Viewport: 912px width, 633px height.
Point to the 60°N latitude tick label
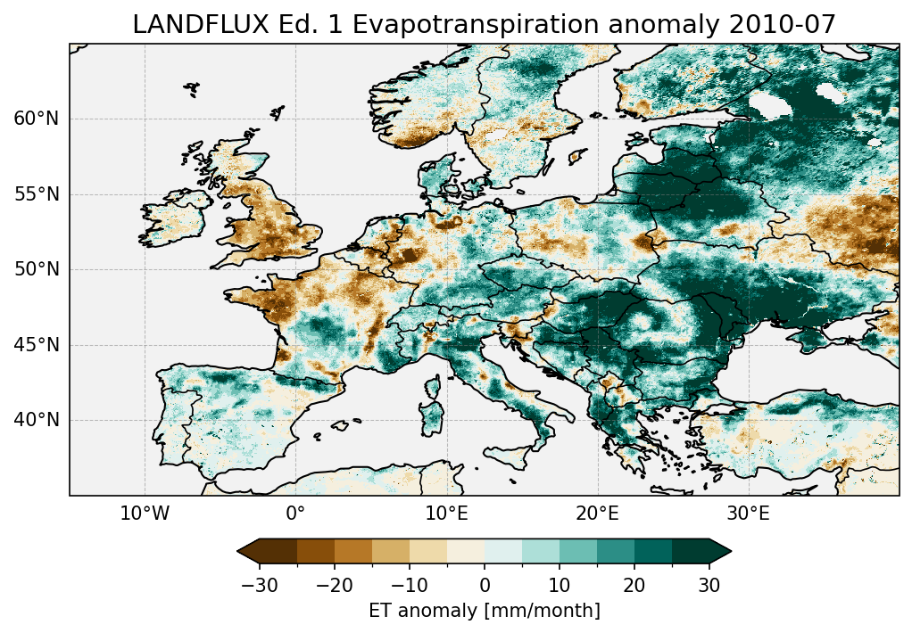(x=37, y=119)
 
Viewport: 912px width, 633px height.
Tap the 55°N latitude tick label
(x=37, y=194)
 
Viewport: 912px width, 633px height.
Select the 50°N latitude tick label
(x=37, y=269)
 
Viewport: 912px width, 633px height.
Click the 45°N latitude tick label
(x=37, y=345)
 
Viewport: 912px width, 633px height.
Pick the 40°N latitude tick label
(x=37, y=420)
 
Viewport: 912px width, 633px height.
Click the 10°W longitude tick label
(x=145, y=514)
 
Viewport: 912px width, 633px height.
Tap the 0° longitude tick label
(x=295, y=514)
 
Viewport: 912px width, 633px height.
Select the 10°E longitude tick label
(x=446, y=514)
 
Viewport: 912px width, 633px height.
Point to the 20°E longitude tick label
(x=597, y=514)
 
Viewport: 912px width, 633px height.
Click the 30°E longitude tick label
(x=748, y=514)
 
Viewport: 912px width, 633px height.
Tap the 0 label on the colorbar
(x=485, y=585)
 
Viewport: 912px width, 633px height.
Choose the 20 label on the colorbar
(x=634, y=585)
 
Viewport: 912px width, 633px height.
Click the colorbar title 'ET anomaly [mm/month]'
(x=485, y=611)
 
